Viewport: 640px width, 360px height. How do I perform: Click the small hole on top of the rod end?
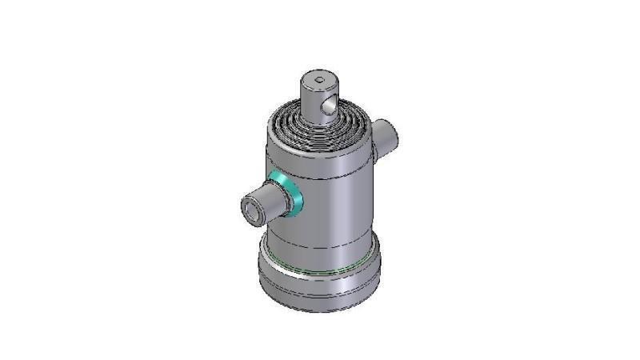[319, 79]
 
